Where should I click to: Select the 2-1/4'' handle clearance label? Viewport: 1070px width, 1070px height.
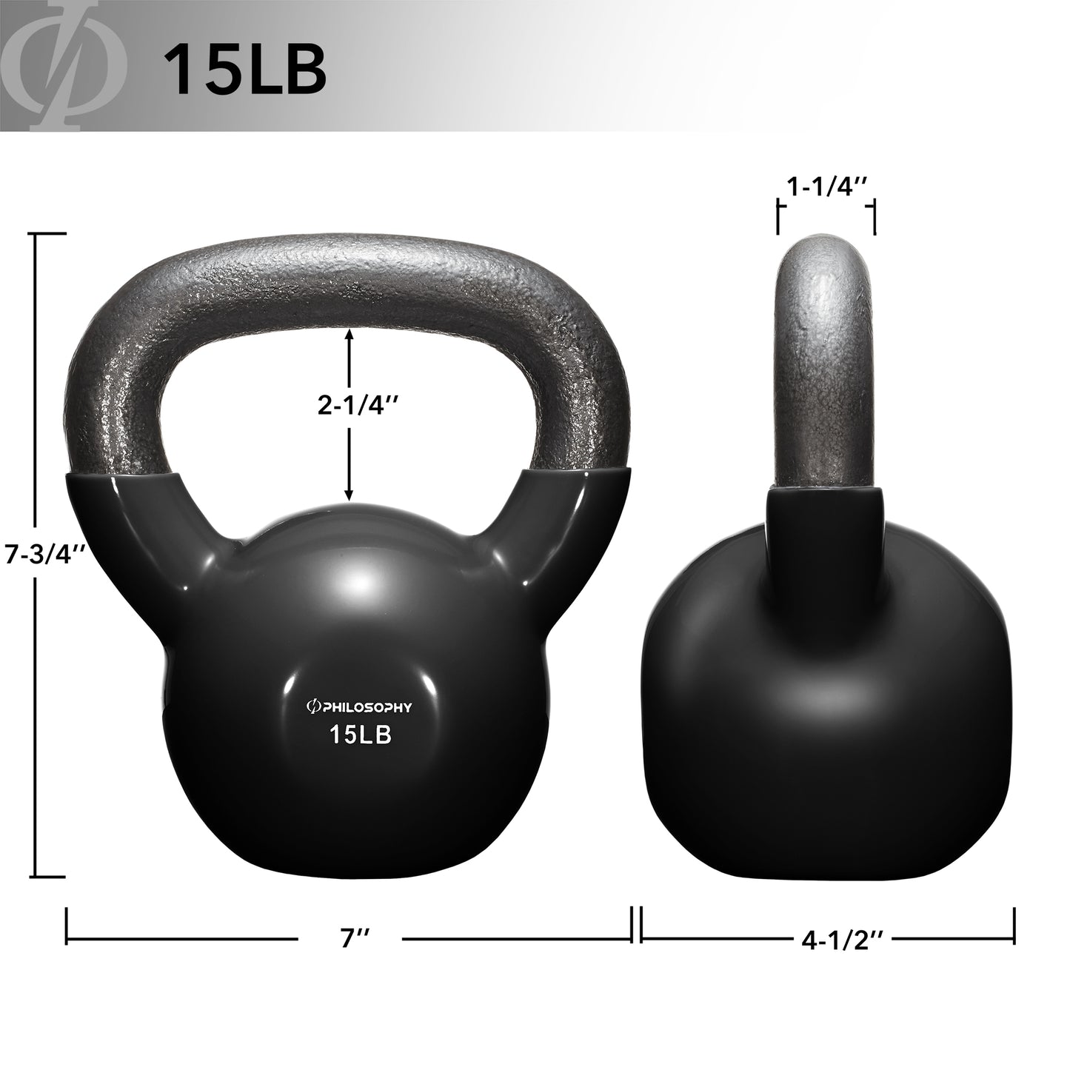click(350, 406)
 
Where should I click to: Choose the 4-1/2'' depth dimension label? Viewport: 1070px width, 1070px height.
click(842, 940)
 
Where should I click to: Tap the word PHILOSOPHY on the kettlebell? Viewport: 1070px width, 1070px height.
click(367, 708)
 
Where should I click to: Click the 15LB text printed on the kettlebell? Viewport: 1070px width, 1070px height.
click(360, 735)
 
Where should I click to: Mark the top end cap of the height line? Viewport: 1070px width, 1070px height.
click(50, 234)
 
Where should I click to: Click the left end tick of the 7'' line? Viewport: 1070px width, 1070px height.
click(67, 926)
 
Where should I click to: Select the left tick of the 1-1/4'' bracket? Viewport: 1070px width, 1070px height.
click(778, 218)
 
